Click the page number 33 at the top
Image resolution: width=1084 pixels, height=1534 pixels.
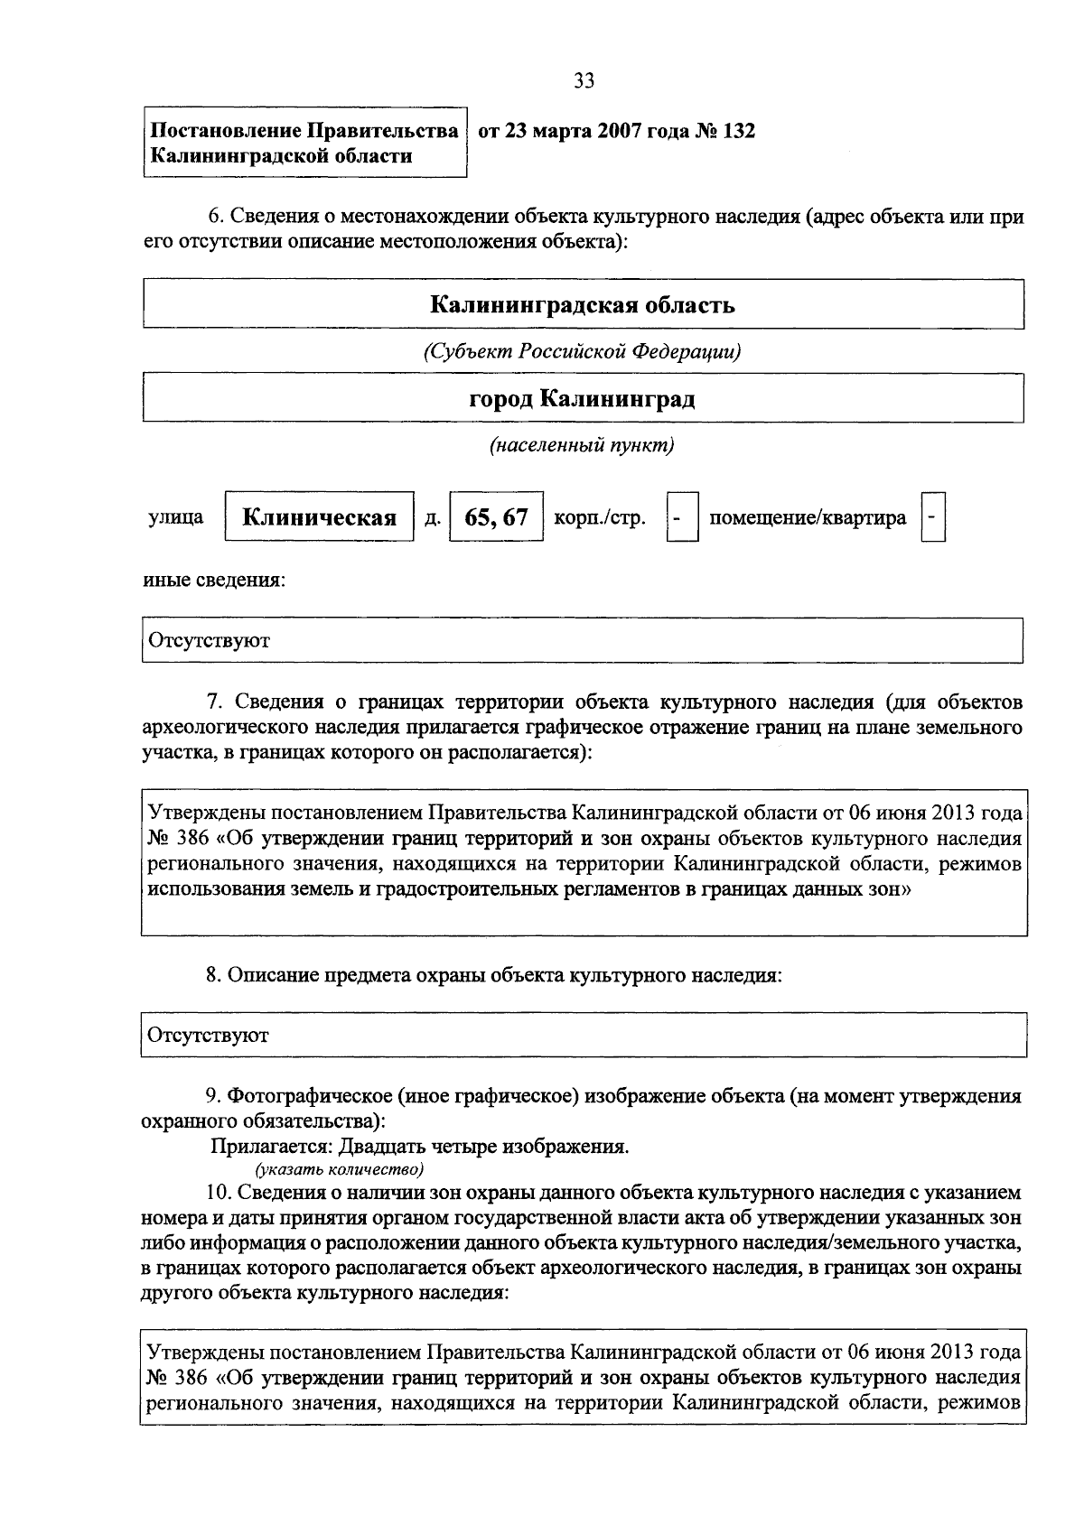click(x=584, y=81)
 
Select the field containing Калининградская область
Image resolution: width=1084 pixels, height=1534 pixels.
click(x=583, y=304)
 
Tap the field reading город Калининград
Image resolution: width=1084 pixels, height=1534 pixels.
click(x=583, y=398)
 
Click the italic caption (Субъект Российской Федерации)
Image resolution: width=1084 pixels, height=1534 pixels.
click(x=583, y=351)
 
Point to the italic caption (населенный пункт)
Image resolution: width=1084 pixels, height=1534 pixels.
click(x=583, y=445)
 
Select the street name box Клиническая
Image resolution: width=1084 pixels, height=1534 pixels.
click(x=319, y=517)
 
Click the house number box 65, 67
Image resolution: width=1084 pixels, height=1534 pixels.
click(x=496, y=517)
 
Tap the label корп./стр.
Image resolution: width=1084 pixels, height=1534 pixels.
click(x=600, y=517)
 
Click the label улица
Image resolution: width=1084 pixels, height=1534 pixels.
click(x=175, y=517)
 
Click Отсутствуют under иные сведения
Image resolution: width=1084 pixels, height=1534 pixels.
click(x=210, y=641)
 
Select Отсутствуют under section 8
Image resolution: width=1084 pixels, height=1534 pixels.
click(x=210, y=1035)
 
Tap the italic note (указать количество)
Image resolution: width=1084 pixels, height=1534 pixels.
click(x=340, y=1170)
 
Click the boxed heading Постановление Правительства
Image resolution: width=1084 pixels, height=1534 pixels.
click(x=304, y=132)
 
